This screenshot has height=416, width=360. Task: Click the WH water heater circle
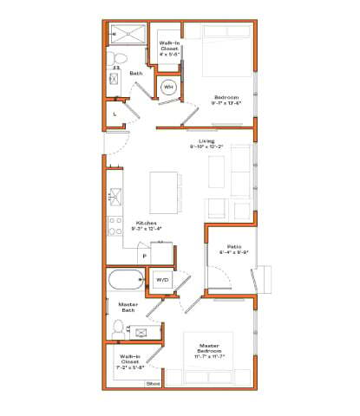pos(168,88)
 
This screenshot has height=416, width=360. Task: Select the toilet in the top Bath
pos(120,57)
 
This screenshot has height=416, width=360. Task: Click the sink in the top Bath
pos(114,79)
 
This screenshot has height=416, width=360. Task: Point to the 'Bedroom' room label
pos(226,97)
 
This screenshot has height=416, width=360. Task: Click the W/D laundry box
pos(162,280)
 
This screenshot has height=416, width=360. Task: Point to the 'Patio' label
pos(234,247)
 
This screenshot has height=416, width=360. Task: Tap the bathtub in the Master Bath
pos(127,280)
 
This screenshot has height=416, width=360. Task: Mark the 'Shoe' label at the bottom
pos(153,382)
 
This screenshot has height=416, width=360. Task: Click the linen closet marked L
pos(115,114)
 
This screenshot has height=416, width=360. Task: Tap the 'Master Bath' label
pos(118,307)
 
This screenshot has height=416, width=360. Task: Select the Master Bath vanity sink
pos(139,330)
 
